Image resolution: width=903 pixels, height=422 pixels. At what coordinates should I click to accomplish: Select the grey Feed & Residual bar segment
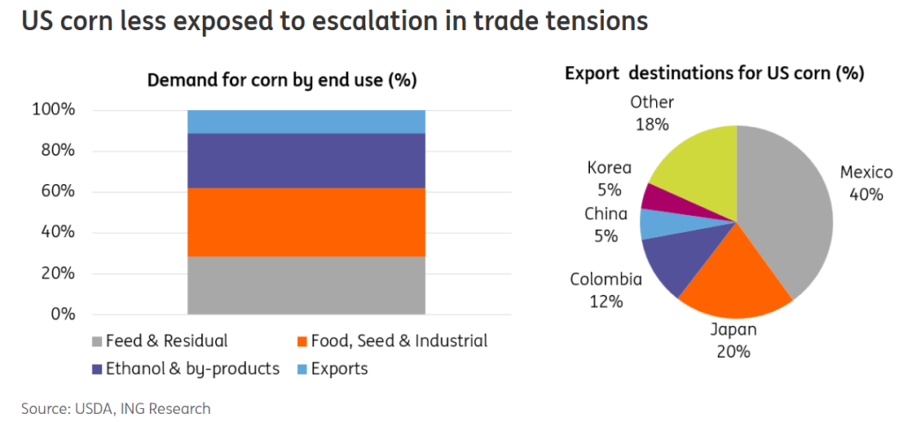coord(306,285)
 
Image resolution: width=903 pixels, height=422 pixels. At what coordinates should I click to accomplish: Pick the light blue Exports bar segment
coord(306,122)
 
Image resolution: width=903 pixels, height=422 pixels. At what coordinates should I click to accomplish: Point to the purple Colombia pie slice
coord(671,264)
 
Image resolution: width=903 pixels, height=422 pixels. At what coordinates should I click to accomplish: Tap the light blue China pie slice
coord(653,224)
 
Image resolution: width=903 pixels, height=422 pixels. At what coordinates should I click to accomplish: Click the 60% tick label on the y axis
coord(57,191)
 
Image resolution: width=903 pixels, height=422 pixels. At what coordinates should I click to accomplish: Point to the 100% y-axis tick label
coord(54,110)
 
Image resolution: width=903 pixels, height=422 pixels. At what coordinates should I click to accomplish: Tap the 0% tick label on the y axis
coord(63,314)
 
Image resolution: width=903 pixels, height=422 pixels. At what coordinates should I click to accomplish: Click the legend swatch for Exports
coord(302,369)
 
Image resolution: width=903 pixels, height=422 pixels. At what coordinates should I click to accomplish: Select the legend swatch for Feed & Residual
coord(96,341)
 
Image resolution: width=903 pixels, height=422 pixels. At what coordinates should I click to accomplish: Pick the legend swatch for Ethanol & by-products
coord(96,369)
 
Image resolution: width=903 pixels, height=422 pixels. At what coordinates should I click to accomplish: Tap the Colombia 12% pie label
coord(606,291)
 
